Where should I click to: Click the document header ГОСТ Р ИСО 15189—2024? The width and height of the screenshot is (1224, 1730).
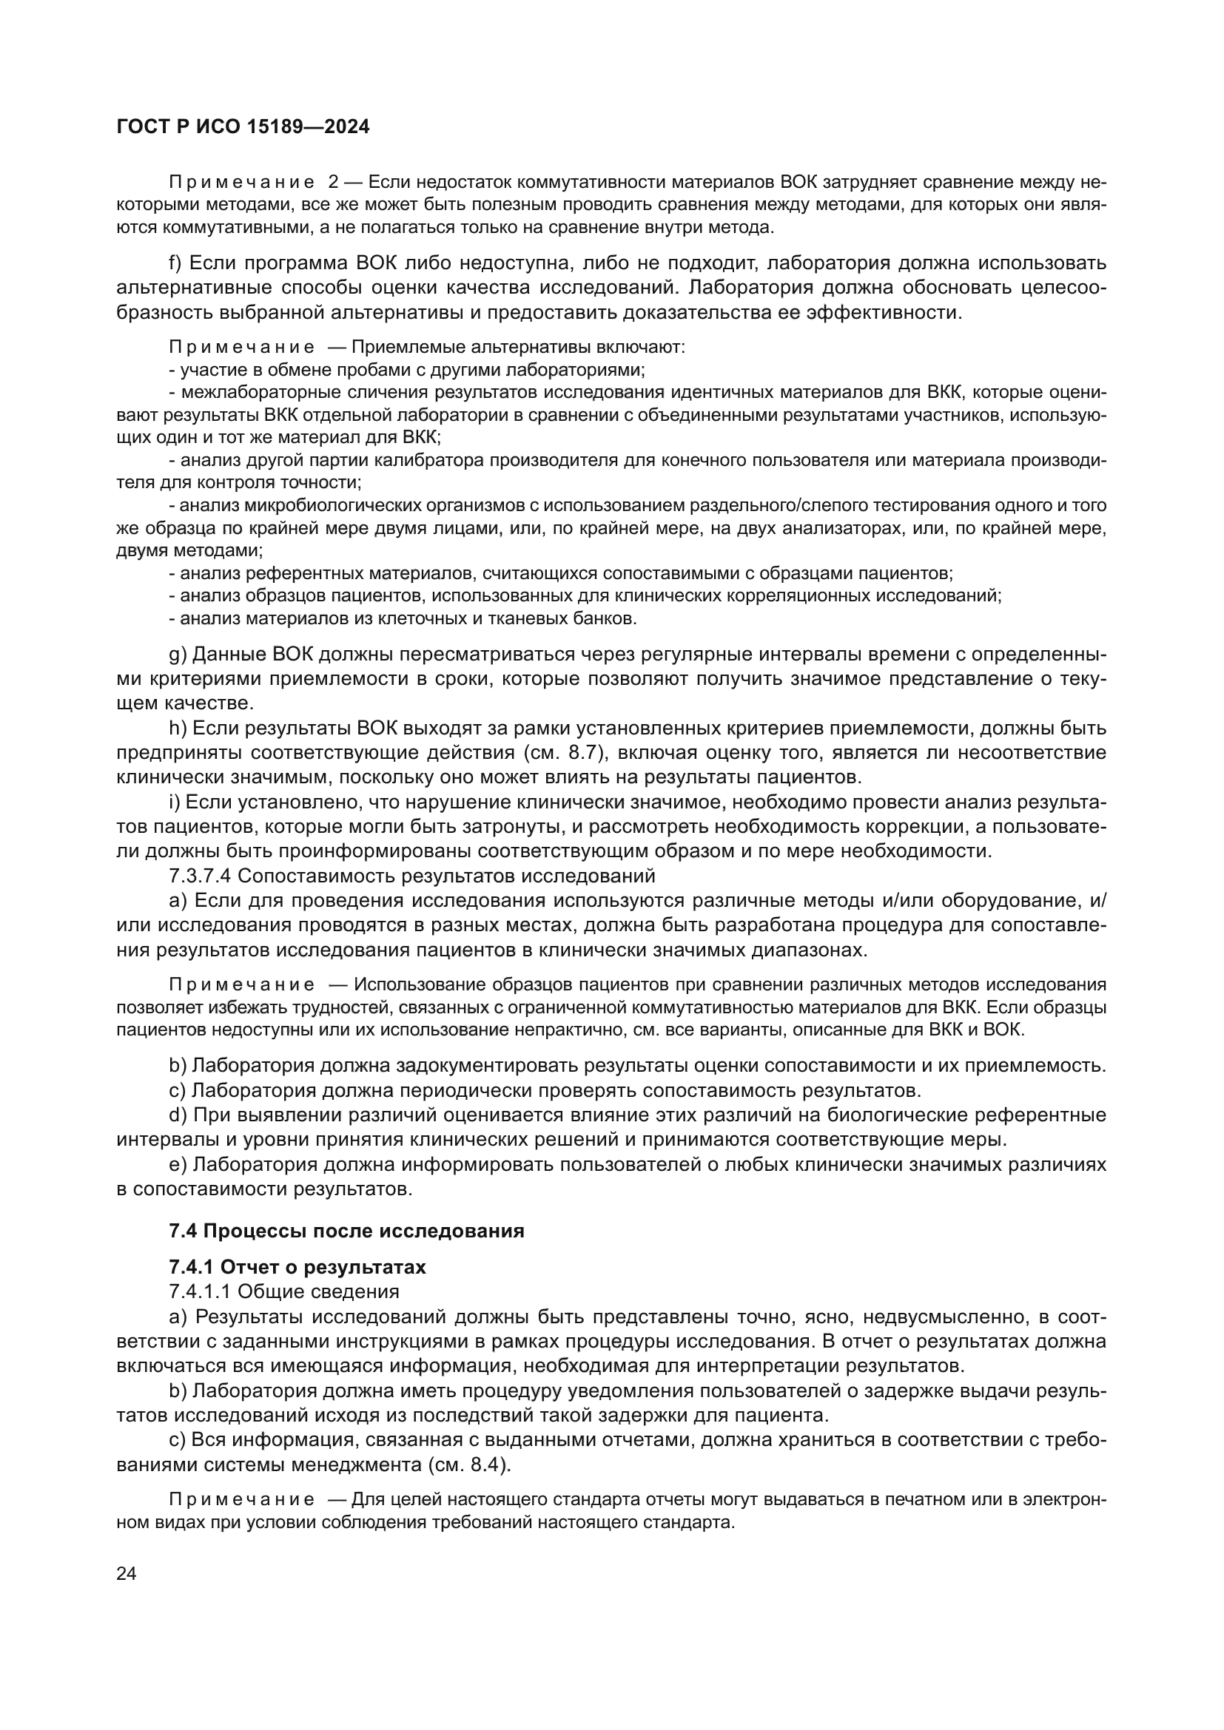coord(243,127)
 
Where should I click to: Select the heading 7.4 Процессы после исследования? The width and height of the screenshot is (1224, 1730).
coord(346,1231)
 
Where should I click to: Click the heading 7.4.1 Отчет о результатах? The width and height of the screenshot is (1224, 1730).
coord(297,1268)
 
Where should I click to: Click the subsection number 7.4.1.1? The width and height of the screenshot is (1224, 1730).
coord(200,1291)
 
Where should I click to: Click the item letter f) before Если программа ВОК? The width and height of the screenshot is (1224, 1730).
coord(175,263)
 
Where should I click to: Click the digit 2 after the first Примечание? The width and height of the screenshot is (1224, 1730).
coord(334,183)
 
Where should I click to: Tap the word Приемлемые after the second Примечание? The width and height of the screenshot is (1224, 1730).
coord(397,348)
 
